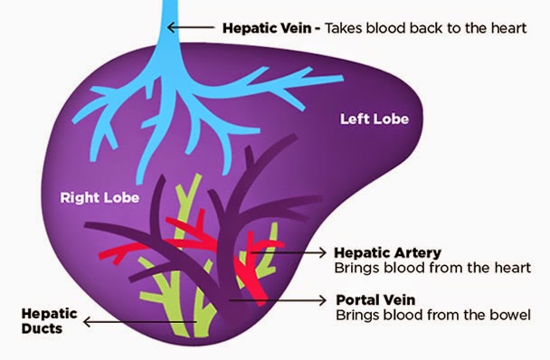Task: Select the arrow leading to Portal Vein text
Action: (280, 299)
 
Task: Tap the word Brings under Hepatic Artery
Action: (356, 268)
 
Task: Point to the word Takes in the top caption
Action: (345, 28)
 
